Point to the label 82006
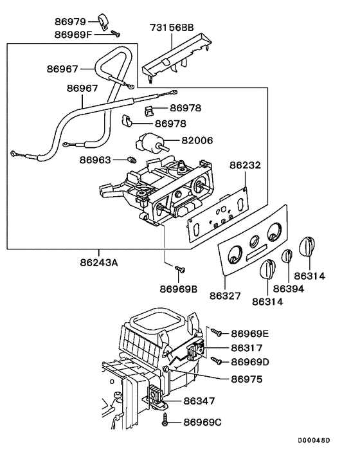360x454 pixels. pyautogui.click(x=197, y=140)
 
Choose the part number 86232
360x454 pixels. pyautogui.click(x=246, y=165)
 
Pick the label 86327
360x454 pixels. pyautogui.click(x=226, y=296)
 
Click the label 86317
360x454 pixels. pyautogui.click(x=246, y=347)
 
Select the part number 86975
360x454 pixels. pyautogui.click(x=246, y=380)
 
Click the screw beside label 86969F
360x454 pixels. pyautogui.click(x=116, y=33)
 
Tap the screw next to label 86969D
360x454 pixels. pyautogui.click(x=218, y=362)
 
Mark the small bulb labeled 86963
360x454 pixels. pyautogui.click(x=132, y=159)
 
